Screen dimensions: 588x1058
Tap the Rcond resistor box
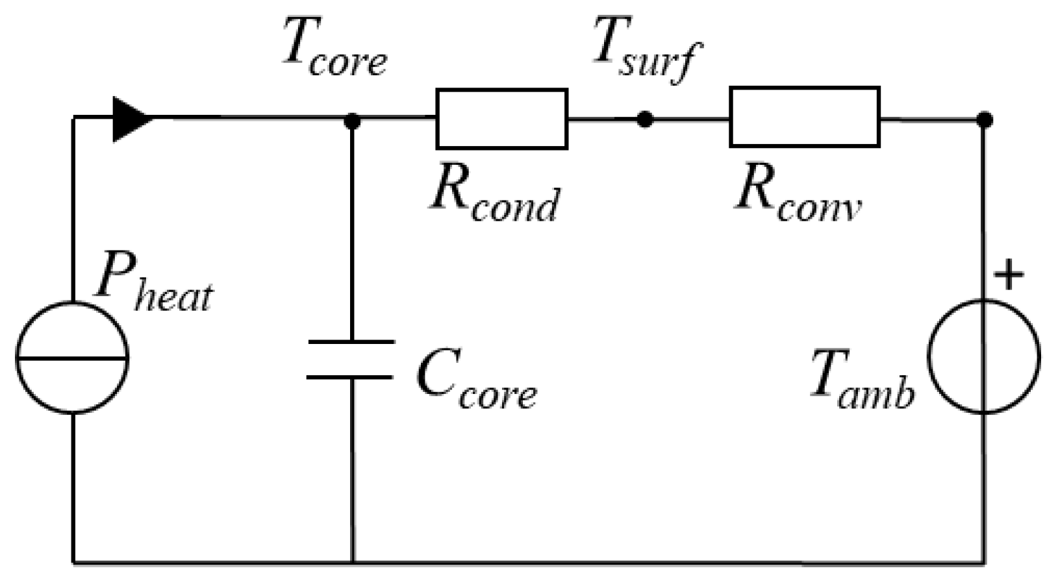[501, 119]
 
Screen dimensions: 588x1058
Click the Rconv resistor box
[804, 117]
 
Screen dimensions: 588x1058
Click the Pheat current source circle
[71, 383]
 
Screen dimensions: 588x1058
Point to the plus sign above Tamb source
[1009, 275]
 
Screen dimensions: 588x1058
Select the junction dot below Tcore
[352, 120]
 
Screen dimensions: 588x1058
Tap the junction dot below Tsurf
[644, 119]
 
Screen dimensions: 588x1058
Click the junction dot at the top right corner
[985, 119]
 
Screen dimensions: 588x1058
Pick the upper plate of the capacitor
[351, 341]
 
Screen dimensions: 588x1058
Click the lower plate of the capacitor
[351, 376]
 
